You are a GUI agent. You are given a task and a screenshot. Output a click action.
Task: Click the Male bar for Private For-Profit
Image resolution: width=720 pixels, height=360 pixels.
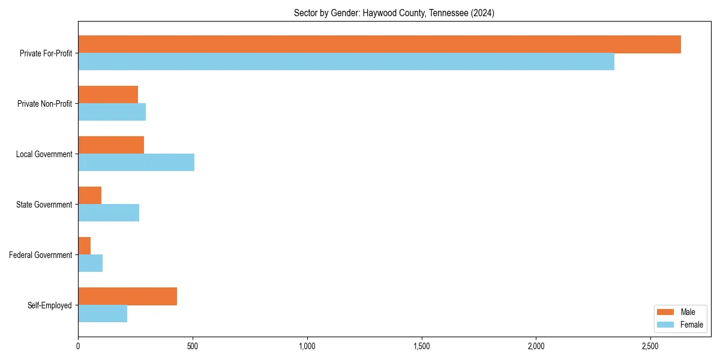click(x=379, y=44)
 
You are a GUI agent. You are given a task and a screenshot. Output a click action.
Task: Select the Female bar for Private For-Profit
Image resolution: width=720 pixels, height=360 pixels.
click(x=346, y=61)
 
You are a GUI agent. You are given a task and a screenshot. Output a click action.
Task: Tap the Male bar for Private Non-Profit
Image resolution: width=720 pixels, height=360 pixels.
click(x=108, y=95)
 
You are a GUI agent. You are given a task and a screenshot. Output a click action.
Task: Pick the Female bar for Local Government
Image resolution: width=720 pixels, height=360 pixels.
click(x=136, y=162)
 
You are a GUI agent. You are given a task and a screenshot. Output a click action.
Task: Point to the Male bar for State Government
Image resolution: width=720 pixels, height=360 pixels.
click(x=90, y=196)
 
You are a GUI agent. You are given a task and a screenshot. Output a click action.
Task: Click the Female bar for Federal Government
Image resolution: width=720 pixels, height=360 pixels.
click(x=91, y=263)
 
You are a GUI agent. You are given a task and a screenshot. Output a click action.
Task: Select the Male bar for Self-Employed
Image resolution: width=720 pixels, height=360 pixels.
click(x=128, y=296)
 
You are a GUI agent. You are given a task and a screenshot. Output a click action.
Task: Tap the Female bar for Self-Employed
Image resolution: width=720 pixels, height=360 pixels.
click(x=103, y=313)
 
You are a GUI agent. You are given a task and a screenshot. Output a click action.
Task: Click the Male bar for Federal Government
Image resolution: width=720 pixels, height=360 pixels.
click(x=85, y=246)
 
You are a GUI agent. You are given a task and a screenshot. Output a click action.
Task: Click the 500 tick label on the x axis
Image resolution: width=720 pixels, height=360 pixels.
click(x=193, y=346)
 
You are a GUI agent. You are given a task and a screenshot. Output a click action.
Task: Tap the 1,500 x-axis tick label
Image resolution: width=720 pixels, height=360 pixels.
click(x=422, y=346)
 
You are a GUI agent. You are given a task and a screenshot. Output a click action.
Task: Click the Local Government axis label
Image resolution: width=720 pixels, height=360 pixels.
click(x=44, y=154)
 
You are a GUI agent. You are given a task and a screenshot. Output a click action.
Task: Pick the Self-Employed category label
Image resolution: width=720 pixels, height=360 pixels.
click(x=50, y=305)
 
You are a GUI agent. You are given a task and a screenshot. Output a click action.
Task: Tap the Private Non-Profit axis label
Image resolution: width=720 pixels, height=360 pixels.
click(x=44, y=104)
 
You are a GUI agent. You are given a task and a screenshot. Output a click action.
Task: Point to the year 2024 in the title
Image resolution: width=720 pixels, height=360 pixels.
click(x=482, y=13)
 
